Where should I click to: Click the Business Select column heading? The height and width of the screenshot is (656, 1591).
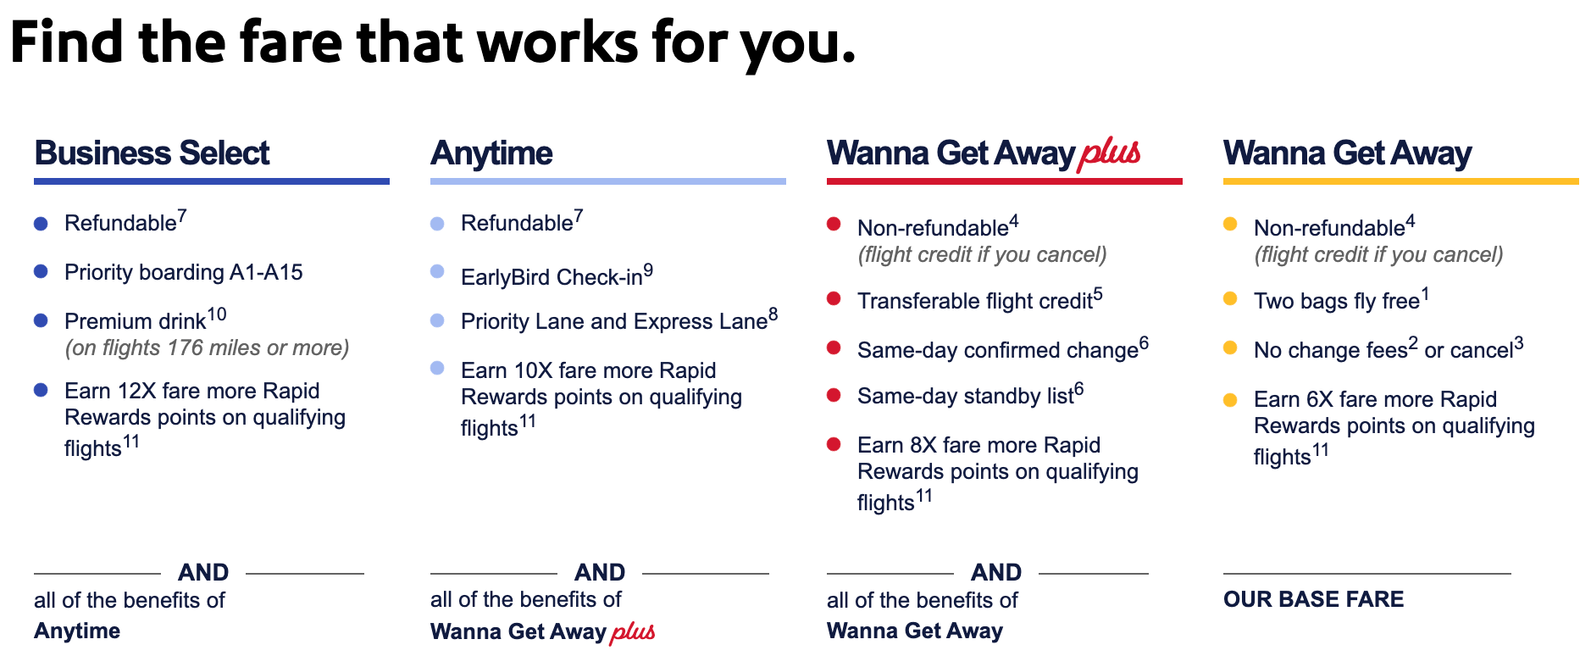coord(152,153)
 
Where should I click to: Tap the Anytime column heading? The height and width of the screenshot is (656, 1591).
coord(491,154)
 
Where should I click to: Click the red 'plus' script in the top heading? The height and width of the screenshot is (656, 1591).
coord(1109,153)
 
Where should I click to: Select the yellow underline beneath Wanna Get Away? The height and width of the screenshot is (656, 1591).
coord(1400,181)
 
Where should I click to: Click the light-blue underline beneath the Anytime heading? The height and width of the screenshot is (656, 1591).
coord(607,181)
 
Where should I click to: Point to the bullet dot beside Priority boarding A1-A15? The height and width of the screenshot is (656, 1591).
coord(41,271)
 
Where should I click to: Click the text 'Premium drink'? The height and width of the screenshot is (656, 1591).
coord(136,321)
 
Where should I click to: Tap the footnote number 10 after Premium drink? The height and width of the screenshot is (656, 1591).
coord(217,314)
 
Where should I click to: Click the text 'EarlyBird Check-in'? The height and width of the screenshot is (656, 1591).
coord(552,277)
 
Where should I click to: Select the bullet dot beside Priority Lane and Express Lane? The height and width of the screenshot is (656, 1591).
coord(437,320)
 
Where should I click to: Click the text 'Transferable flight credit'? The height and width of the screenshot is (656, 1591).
coord(975,301)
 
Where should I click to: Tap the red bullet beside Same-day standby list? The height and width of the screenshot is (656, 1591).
coord(834,395)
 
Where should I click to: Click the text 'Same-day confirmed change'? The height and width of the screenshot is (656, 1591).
coord(998,350)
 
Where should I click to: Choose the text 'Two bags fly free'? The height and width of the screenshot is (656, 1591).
coord(1337,301)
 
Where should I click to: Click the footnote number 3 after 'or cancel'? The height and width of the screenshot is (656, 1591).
coord(1519,343)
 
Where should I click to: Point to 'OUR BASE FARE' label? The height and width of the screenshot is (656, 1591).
coord(1313,599)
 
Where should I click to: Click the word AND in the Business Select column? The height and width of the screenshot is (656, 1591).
coord(203,572)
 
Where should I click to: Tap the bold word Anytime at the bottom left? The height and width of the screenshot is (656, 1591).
coord(77,631)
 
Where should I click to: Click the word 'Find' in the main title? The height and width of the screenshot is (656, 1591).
coord(67,42)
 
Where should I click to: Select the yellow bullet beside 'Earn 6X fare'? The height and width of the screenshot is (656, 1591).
coord(1230,400)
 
